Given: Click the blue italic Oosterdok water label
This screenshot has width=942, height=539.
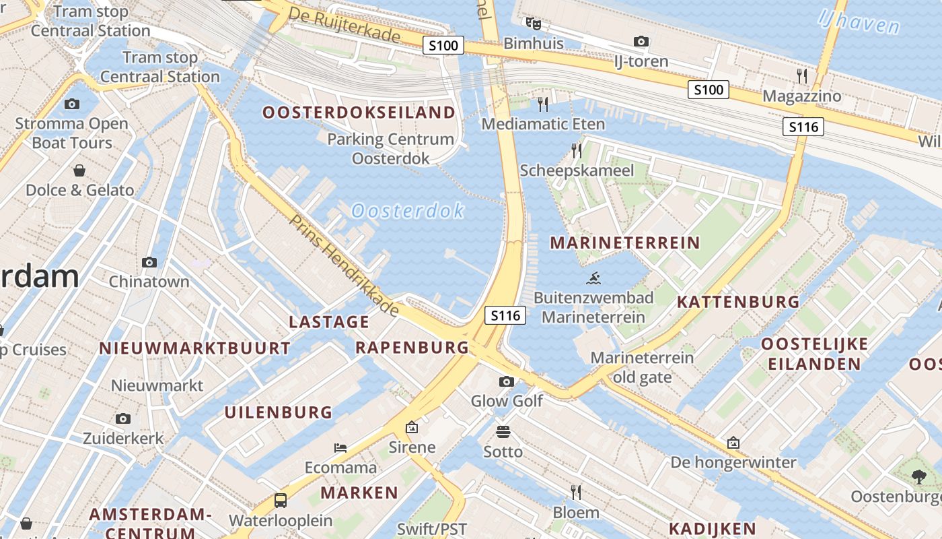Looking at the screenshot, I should pyautogui.click(x=408, y=211).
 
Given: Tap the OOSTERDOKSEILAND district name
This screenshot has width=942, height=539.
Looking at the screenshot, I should pyautogui.click(x=359, y=113).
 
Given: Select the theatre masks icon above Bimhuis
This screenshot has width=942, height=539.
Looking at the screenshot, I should pyautogui.click(x=534, y=24).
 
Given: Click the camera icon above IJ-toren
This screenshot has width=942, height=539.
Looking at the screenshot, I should pyautogui.click(x=641, y=42).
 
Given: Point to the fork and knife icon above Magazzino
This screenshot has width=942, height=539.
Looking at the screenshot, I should pyautogui.click(x=801, y=75).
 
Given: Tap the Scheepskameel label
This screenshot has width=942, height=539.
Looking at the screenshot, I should pyautogui.click(x=577, y=170).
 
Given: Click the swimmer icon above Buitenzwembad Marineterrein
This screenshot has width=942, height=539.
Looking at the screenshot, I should pyautogui.click(x=593, y=278).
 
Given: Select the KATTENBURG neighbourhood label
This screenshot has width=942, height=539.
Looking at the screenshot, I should pyautogui.click(x=738, y=302).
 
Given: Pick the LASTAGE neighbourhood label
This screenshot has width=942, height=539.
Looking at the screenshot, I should pyautogui.click(x=329, y=322).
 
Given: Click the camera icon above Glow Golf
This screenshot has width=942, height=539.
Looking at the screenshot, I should pyautogui.click(x=507, y=382).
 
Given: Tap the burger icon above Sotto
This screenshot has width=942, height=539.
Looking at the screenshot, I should pyautogui.click(x=503, y=431).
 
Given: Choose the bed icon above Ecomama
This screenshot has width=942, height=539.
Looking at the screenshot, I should pyautogui.click(x=340, y=448).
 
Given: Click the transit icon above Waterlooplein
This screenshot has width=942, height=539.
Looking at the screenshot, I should pyautogui.click(x=281, y=501).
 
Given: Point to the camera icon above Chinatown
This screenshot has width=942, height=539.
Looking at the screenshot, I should pyautogui.click(x=149, y=262).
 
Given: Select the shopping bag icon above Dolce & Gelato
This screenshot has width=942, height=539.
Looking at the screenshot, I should pyautogui.click(x=79, y=170).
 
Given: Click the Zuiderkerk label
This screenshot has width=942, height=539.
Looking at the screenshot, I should pyautogui.click(x=123, y=439).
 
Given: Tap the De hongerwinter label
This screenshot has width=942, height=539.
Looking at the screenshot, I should pyautogui.click(x=733, y=463).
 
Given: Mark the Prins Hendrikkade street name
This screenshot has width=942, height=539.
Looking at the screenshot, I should pyautogui.click(x=345, y=265).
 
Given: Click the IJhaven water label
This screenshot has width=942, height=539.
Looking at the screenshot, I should pyautogui.click(x=859, y=22).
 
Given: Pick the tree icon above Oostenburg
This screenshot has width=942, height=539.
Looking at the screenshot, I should pyautogui.click(x=919, y=477).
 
